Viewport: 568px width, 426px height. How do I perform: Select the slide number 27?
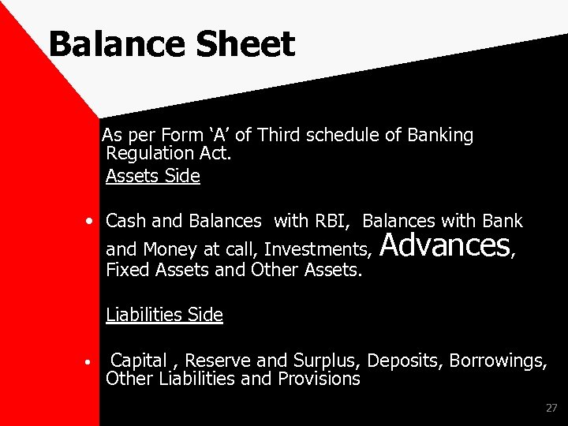pos(551,408)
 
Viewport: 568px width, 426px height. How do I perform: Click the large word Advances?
pos(445,245)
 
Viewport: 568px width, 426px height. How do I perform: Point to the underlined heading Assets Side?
pos(153,176)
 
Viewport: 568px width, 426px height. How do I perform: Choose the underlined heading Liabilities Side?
pos(164,316)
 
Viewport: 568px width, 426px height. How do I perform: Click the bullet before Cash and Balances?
pos(92,220)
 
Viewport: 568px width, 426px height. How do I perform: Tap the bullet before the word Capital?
pos(92,364)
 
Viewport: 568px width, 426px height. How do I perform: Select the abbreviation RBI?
pos(332,220)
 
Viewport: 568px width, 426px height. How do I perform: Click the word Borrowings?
pos(498,361)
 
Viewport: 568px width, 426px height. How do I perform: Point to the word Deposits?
pos(405,361)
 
